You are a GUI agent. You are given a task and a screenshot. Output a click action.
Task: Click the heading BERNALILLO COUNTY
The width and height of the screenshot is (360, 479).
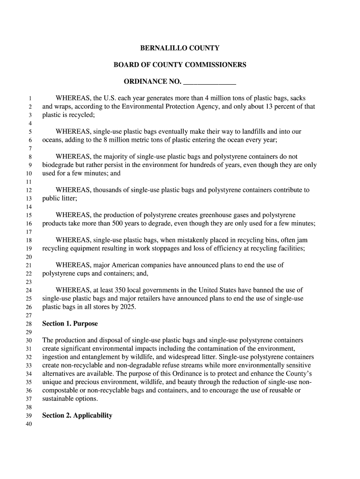[180, 48]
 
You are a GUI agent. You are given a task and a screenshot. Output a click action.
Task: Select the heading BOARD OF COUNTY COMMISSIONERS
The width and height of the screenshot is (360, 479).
[180, 65]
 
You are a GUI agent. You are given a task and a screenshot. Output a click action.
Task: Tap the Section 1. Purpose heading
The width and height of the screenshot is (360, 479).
[70, 324]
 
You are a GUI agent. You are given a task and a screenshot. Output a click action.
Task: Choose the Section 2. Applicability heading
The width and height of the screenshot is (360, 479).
[77, 415]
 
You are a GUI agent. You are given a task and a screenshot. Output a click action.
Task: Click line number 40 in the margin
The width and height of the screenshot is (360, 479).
[28, 424]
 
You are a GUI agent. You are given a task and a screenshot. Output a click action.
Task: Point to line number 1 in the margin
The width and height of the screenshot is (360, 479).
[29, 99]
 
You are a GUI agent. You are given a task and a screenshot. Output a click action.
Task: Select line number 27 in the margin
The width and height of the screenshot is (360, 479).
[28, 315]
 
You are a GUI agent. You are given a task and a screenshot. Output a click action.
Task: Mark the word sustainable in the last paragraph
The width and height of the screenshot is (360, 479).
[59, 399]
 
